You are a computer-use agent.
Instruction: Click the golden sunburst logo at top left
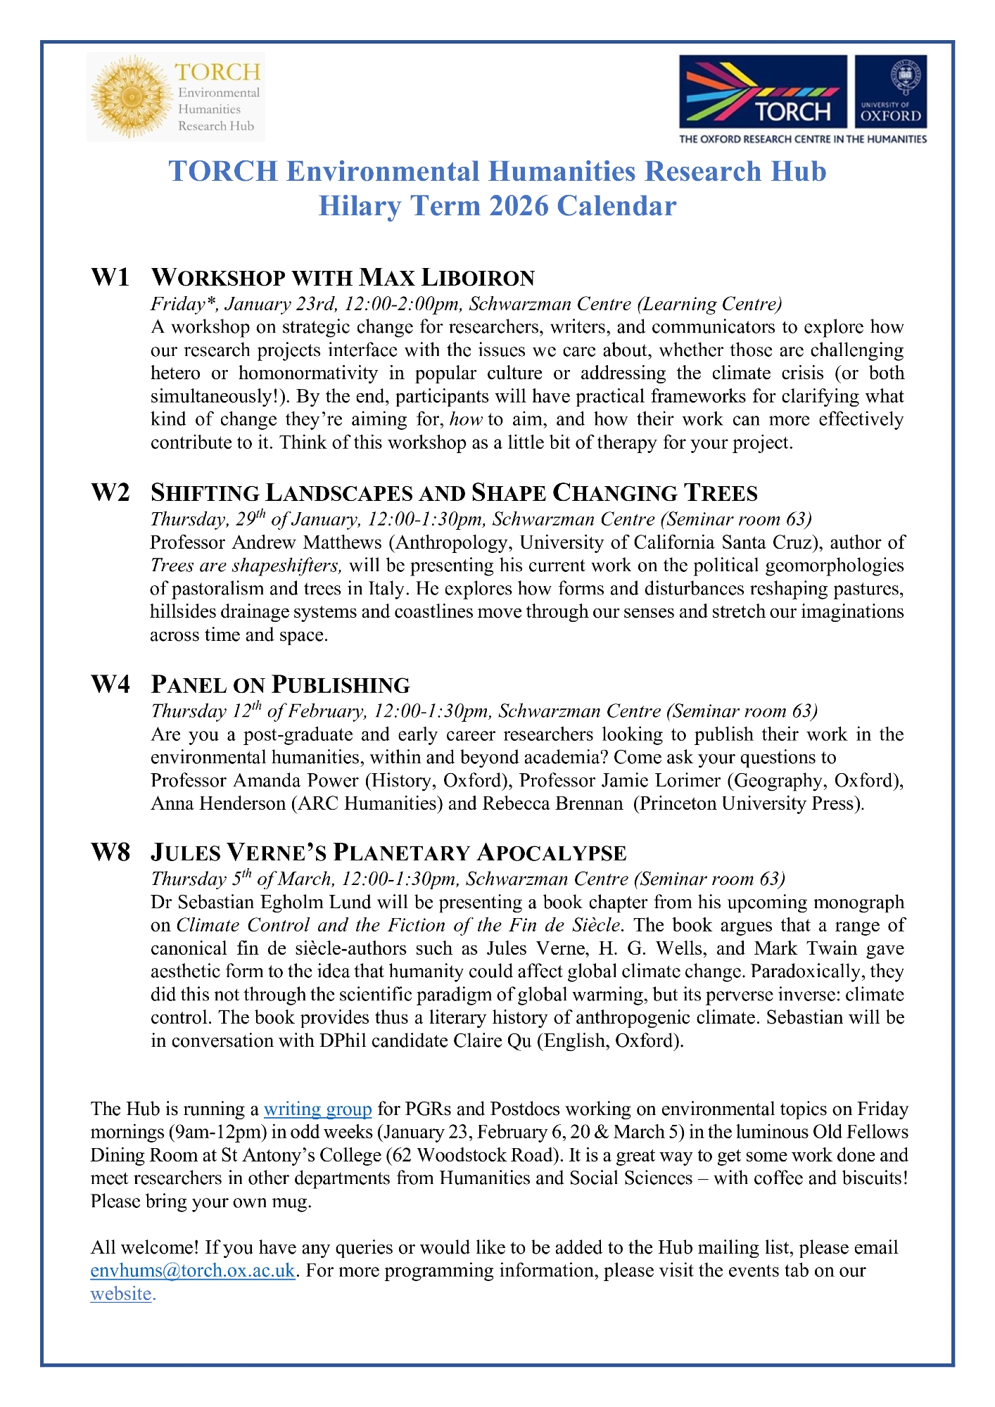tap(130, 96)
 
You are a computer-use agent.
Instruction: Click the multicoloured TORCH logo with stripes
tap(763, 91)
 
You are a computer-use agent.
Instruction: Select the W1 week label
tap(110, 277)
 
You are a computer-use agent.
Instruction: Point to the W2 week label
tap(110, 492)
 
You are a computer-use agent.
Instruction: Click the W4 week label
tap(110, 685)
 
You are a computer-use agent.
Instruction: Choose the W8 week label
tap(110, 853)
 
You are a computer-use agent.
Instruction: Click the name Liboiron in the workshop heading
tap(478, 278)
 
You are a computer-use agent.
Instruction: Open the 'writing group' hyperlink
tap(317, 1109)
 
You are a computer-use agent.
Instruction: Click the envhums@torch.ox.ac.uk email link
tap(193, 1271)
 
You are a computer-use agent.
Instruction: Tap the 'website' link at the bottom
tap(121, 1294)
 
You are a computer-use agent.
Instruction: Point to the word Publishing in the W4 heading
tap(341, 685)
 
